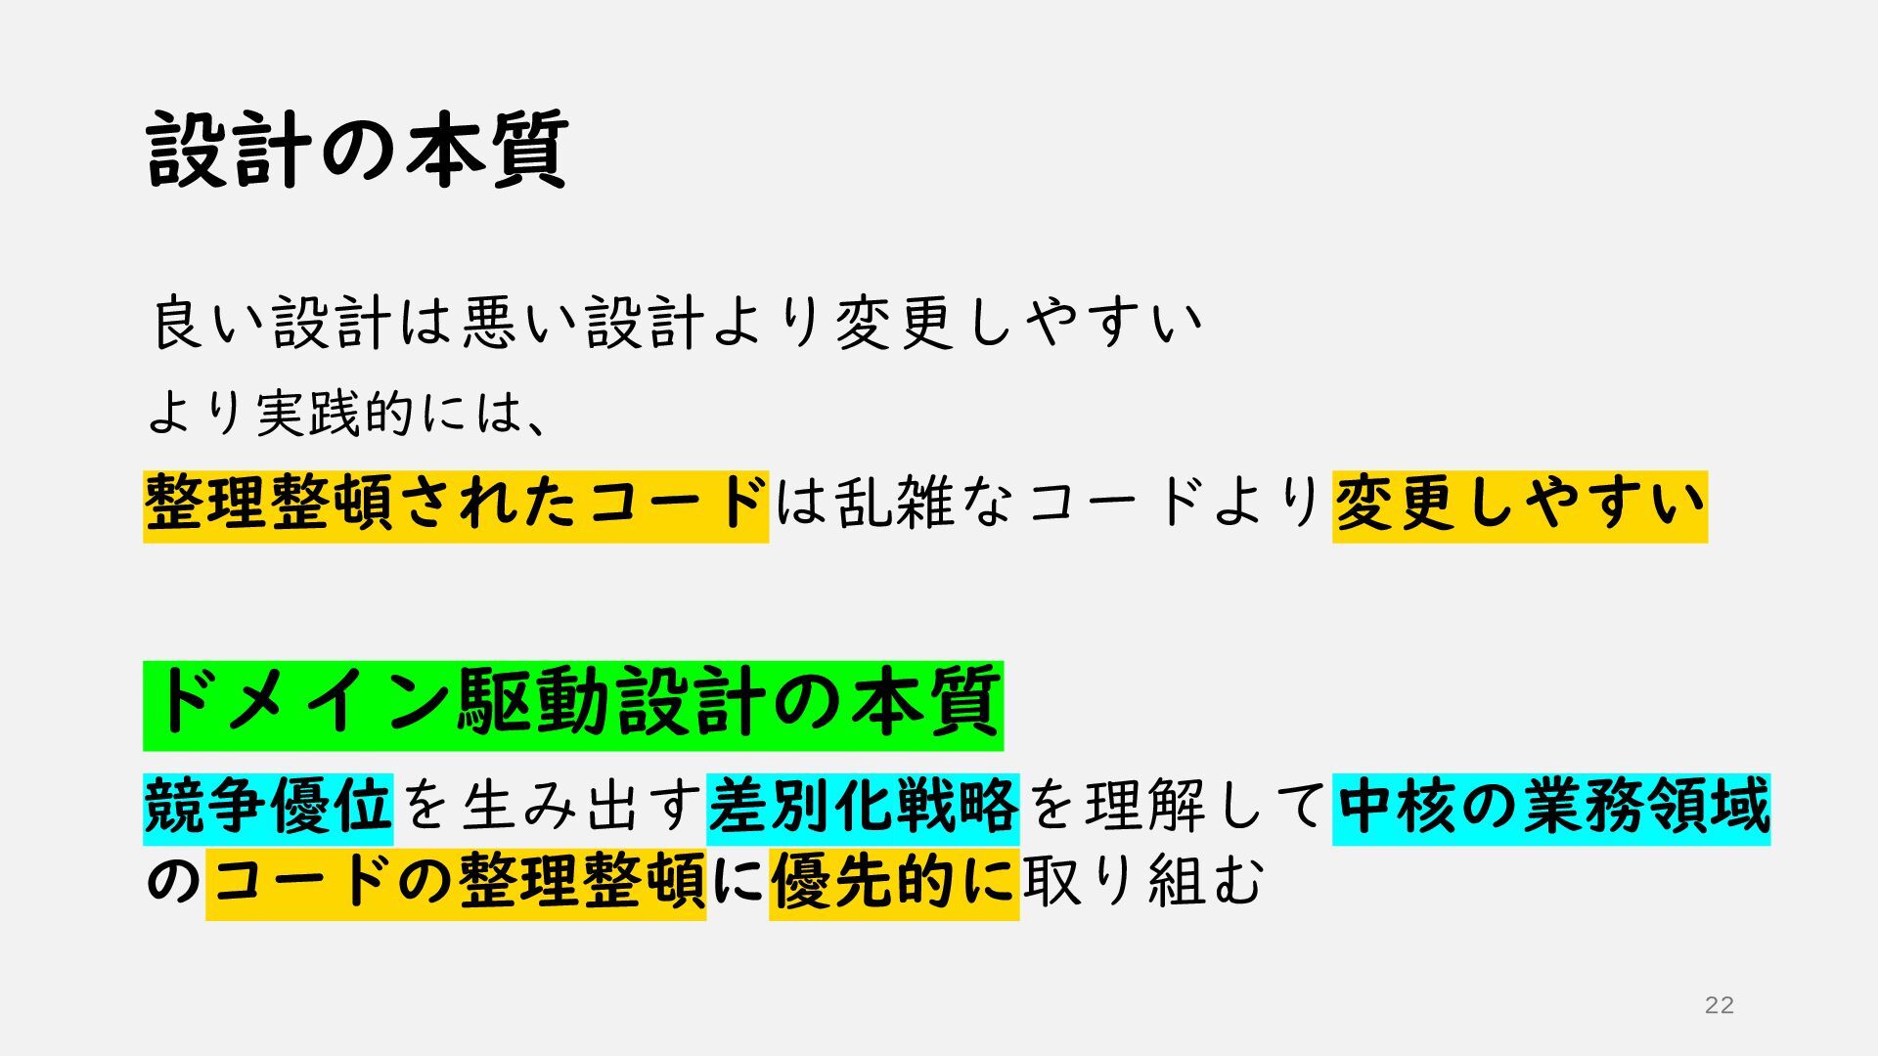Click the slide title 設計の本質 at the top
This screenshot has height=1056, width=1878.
pos(358,149)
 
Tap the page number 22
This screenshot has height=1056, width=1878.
pos(1719,1004)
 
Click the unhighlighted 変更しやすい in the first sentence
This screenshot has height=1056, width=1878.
pos(1017,323)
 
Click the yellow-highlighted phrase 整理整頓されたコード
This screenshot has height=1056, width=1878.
pos(456,506)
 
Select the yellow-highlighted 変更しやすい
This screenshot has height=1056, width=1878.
pos(1519,506)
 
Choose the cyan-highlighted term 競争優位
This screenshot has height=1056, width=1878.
pos(268,808)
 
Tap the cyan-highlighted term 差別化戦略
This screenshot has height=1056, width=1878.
pos(863,808)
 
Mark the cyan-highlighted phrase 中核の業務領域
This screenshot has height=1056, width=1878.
pos(1551,808)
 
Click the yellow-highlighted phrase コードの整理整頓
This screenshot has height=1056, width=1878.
pos(456,883)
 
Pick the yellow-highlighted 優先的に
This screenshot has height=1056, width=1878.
pos(894,883)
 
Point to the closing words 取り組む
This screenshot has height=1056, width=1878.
pos(1143,883)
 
